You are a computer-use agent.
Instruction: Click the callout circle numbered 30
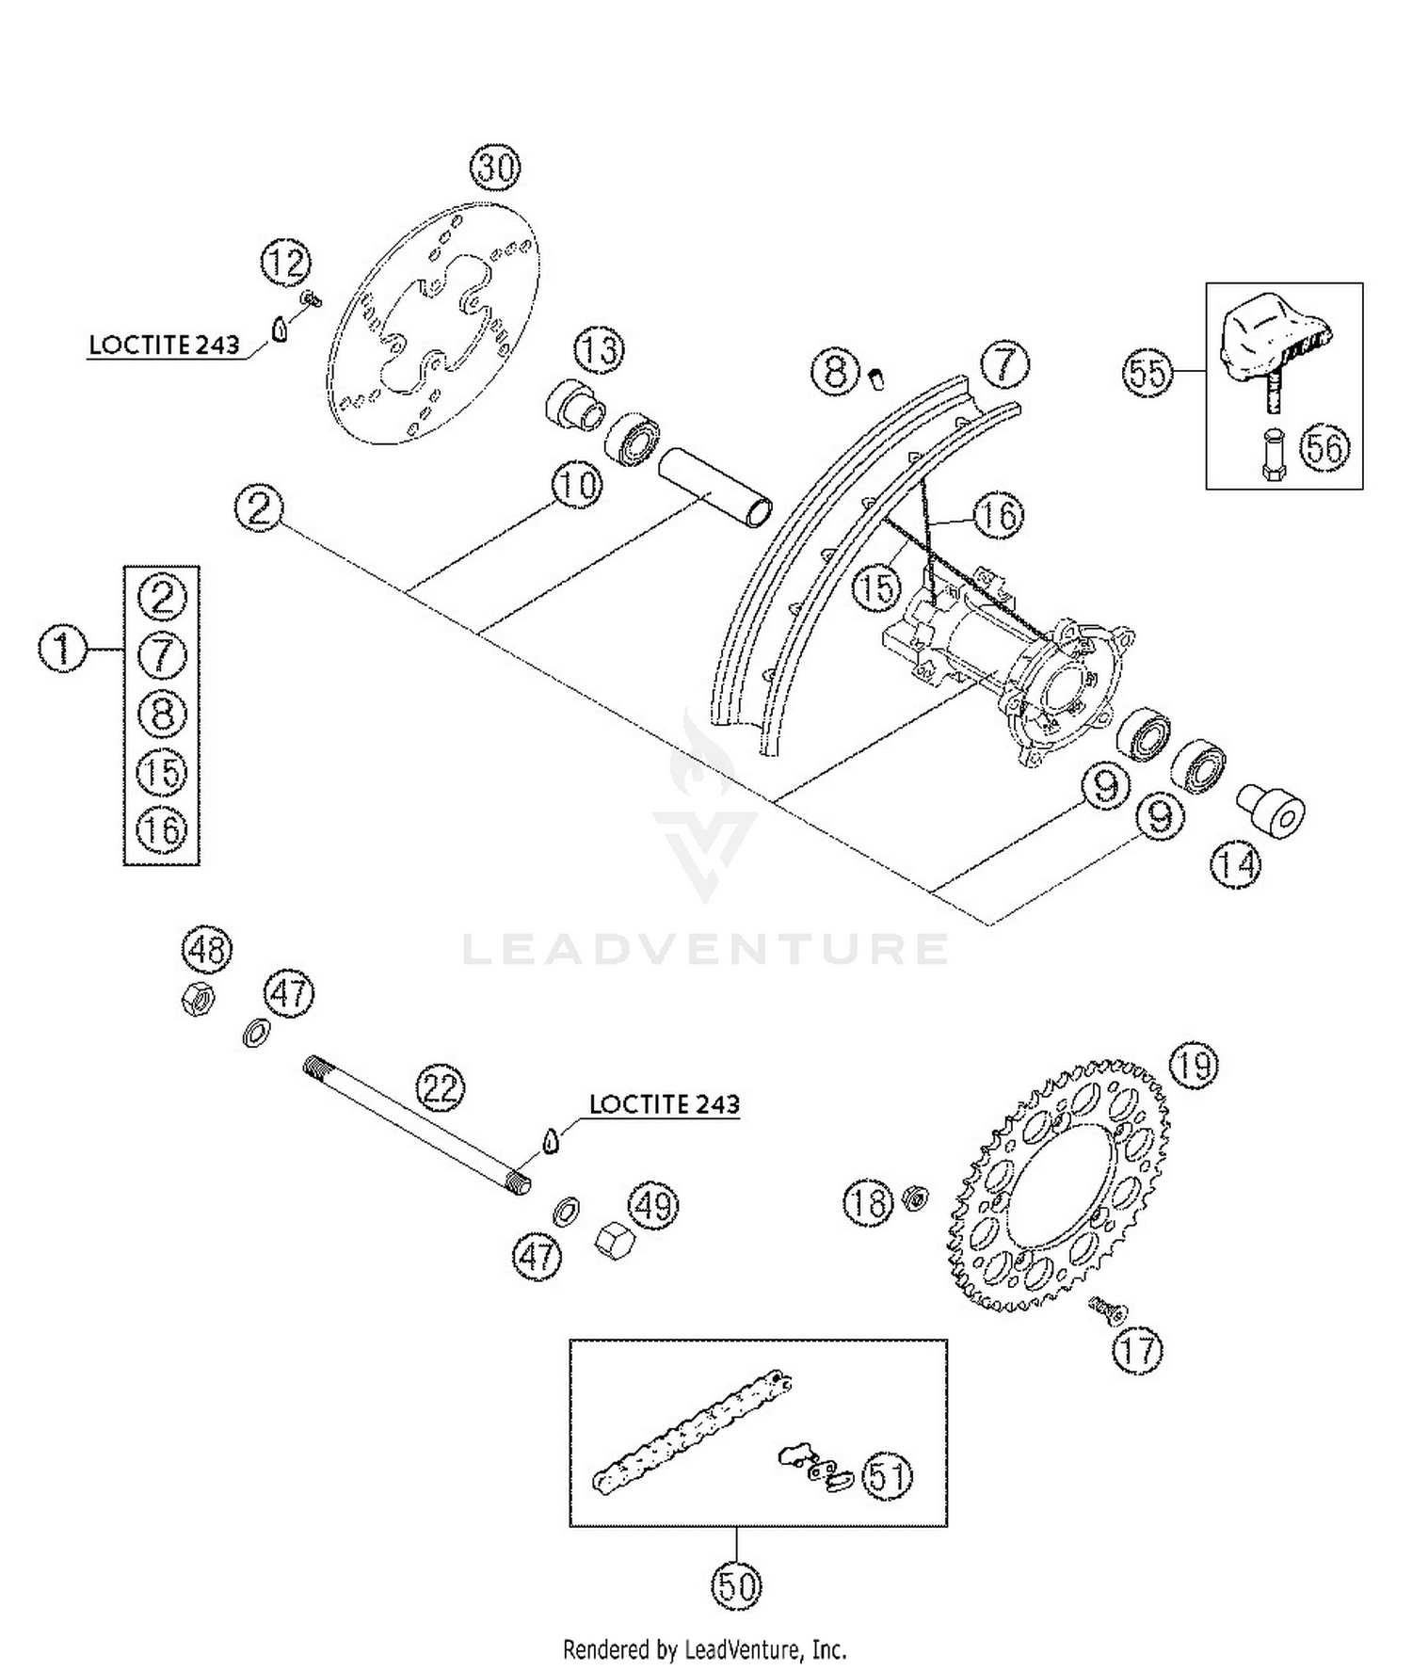tap(495, 169)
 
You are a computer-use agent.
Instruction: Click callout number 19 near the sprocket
tap(1194, 1067)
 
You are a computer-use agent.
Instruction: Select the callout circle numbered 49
tap(653, 1205)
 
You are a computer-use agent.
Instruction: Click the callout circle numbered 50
tap(736, 1587)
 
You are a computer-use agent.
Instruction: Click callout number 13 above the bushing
tap(600, 350)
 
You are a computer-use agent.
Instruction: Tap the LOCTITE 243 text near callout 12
tap(164, 345)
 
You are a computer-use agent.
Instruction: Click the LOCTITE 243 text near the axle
tap(665, 1103)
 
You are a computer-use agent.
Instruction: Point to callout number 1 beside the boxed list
tap(62, 650)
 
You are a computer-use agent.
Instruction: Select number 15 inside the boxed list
tap(162, 772)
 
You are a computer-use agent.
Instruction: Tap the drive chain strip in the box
tap(692, 1431)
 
